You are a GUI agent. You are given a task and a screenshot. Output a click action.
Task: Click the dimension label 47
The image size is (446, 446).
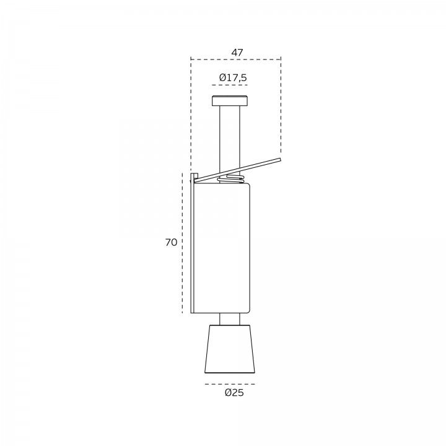pyautogui.click(x=237, y=53)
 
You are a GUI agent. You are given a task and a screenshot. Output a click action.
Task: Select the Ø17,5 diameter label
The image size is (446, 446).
pyautogui.click(x=233, y=77)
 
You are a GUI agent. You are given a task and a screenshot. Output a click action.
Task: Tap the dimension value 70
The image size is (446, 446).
pyautogui.click(x=171, y=242)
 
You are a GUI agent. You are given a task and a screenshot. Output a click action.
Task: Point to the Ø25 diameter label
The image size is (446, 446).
pyautogui.click(x=234, y=393)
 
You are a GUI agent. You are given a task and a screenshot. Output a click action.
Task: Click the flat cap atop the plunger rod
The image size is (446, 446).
pyautogui.click(x=230, y=101)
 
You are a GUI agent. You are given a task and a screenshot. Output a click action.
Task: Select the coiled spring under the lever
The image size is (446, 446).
pyautogui.click(x=230, y=179)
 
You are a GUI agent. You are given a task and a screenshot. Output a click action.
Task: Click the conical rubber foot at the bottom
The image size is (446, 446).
pyautogui.click(x=230, y=349)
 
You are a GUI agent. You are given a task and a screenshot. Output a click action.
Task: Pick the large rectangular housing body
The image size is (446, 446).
pyautogui.click(x=222, y=248)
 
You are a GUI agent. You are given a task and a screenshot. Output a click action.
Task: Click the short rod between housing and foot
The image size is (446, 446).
pyautogui.click(x=230, y=319)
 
